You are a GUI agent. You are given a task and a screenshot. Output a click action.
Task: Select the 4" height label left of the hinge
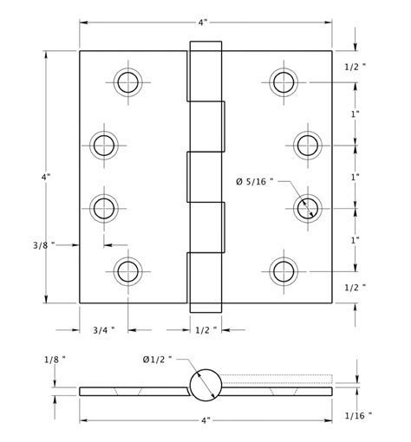[46, 177]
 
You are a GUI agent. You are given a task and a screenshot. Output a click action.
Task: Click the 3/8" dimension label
[41, 245]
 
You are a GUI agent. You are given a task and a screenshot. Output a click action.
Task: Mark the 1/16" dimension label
[357, 415]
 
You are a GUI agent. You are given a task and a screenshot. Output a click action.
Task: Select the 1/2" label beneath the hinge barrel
[205, 329]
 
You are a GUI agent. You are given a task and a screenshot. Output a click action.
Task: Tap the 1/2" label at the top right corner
[356, 66]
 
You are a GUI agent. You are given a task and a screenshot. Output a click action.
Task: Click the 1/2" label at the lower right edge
[356, 286]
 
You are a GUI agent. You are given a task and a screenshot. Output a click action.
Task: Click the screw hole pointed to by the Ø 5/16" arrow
[306, 207]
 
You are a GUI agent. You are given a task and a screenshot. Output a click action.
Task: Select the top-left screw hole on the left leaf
[128, 82]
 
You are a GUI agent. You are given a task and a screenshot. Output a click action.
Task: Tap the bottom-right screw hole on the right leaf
[283, 270]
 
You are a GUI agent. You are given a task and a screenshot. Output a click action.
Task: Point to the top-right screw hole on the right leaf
[283, 82]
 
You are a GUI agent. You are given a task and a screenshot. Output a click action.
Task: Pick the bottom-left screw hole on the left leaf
[128, 270]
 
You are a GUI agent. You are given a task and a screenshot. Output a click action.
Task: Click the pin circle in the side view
[205, 385]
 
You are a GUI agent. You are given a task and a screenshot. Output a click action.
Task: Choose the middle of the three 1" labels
[356, 177]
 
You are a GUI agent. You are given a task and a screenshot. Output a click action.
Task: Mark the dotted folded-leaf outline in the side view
[277, 378]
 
